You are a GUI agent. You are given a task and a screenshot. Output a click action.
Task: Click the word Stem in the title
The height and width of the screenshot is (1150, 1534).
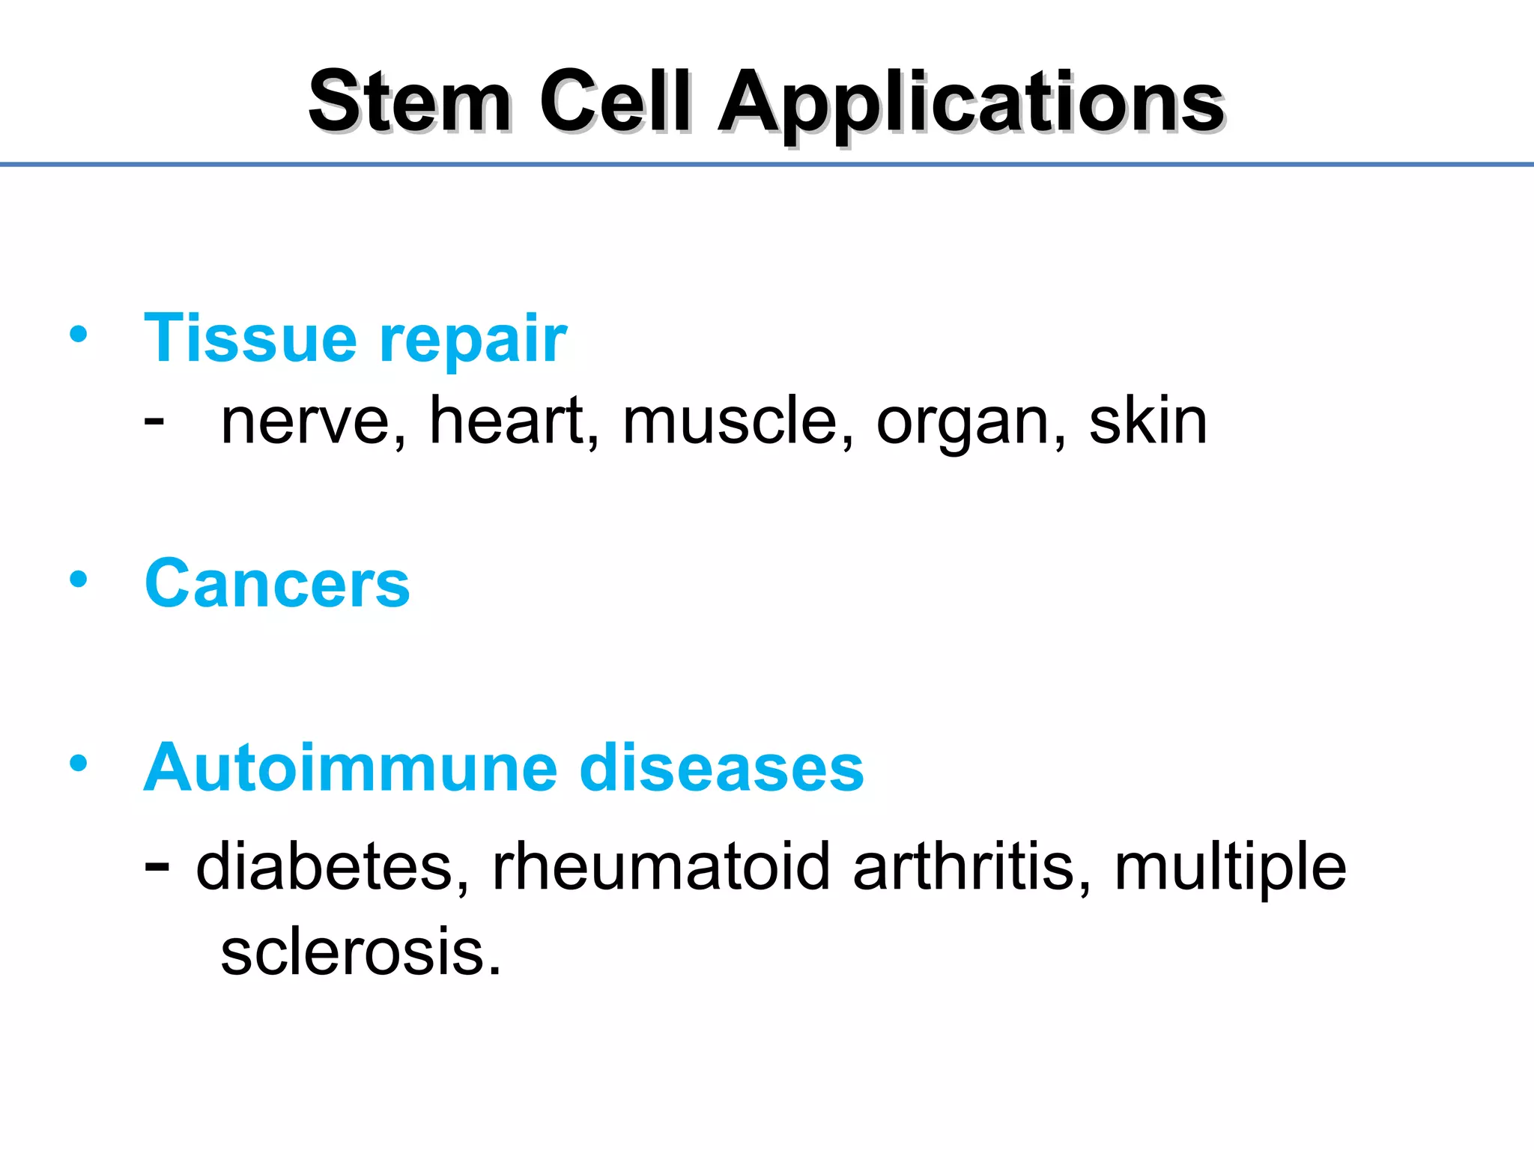pyautogui.click(x=410, y=102)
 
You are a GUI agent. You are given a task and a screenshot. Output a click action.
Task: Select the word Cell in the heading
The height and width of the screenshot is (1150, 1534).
pyautogui.click(x=614, y=102)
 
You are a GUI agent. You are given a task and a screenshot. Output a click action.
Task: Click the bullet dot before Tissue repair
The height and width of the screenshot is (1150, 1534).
pyautogui.click(x=79, y=334)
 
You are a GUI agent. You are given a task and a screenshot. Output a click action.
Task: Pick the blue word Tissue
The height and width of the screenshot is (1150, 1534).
pyautogui.click(x=250, y=338)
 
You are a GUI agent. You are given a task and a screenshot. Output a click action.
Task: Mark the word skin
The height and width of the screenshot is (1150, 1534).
pyautogui.click(x=1148, y=421)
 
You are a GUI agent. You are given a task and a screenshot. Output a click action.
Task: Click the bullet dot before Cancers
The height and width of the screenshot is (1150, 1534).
pyautogui.click(x=79, y=579)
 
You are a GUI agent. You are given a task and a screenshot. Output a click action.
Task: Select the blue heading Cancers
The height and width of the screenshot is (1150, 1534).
pyautogui.click(x=277, y=584)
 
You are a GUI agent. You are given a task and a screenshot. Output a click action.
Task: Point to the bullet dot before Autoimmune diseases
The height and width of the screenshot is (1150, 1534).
pyautogui.click(x=79, y=764)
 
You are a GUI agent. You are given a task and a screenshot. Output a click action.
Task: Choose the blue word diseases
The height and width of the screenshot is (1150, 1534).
pyautogui.click(x=721, y=767)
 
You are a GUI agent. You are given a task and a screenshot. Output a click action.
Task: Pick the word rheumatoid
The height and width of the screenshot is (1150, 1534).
pyautogui.click(x=661, y=867)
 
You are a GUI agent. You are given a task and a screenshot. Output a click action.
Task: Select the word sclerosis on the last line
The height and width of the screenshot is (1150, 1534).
pyautogui.click(x=360, y=952)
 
